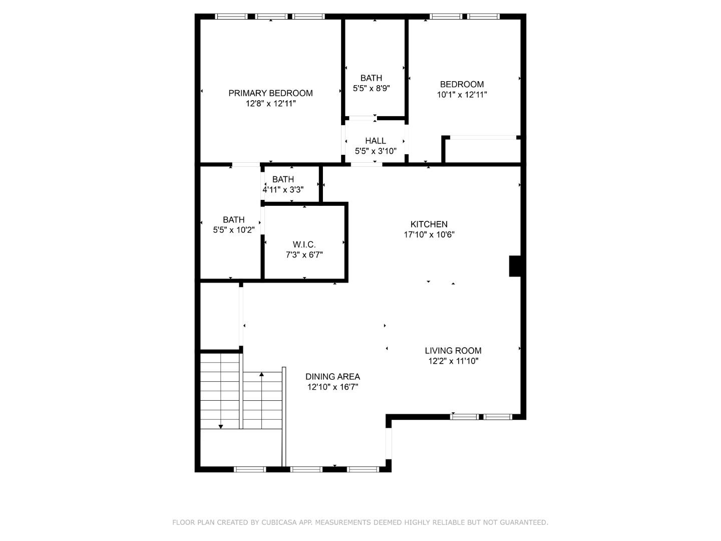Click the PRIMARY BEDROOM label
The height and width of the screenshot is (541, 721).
tap(270, 93)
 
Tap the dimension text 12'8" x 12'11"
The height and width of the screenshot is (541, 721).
tap(271, 104)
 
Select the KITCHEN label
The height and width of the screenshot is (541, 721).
tap(429, 224)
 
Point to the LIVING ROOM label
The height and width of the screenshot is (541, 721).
tap(453, 351)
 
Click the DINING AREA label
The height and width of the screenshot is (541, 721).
tap(332, 376)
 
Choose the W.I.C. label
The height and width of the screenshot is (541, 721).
tap(304, 244)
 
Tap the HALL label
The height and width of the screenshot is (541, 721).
tap(376, 141)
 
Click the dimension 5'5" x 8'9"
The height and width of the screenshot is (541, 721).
tap(371, 88)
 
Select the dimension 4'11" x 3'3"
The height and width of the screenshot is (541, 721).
tap(283, 189)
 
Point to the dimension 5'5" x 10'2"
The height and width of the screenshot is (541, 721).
tap(233, 230)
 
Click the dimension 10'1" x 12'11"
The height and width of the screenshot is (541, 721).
tap(462, 95)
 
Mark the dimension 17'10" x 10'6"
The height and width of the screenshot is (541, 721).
tap(429, 234)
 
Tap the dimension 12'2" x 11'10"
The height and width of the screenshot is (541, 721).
tap(453, 361)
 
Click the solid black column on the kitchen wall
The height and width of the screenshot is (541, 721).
tap(515, 266)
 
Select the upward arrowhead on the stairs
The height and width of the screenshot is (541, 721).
tap(261, 374)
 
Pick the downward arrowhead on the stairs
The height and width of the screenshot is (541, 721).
tap(221, 426)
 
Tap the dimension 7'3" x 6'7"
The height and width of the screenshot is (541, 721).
tap(304, 255)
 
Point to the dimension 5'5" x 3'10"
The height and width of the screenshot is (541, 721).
tap(376, 151)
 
